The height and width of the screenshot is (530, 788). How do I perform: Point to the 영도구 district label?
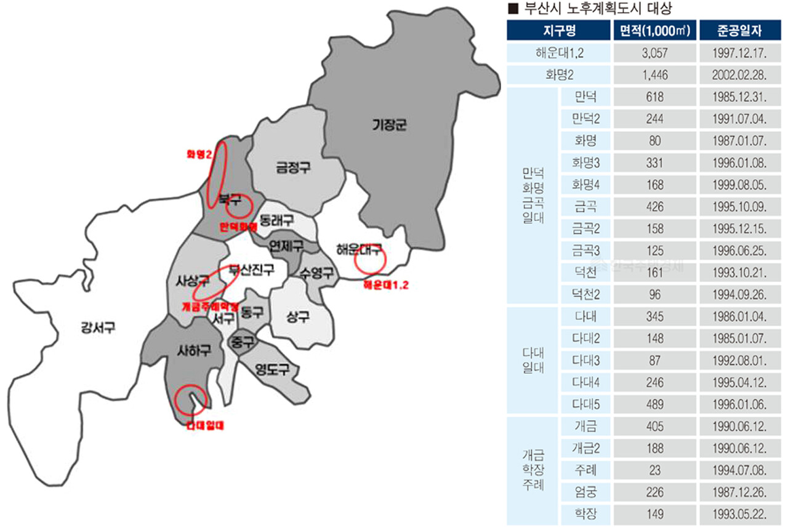[272, 370]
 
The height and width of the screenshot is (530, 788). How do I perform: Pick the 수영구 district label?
[316, 273]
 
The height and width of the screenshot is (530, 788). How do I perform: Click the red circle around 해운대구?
[369, 260]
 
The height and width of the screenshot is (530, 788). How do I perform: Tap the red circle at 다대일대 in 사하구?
[190, 401]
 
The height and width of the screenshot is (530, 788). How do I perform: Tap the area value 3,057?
[654, 54]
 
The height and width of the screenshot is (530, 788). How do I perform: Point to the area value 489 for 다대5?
[654, 403]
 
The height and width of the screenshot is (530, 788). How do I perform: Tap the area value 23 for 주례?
[654, 469]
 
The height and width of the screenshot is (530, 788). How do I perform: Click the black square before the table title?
[511, 9]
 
